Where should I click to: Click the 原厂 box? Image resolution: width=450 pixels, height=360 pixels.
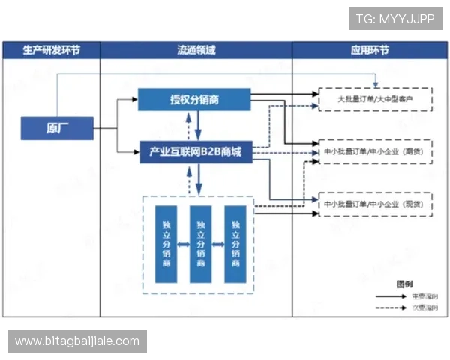(57, 128)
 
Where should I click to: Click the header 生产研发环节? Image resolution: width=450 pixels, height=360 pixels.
(51, 51)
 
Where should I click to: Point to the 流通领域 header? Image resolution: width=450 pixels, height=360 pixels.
(196, 51)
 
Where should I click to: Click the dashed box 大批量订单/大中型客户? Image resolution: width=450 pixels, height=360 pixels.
(376, 100)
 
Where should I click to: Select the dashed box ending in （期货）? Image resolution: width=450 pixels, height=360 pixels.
(376, 151)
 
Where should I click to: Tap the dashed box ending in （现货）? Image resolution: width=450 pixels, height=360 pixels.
(376, 205)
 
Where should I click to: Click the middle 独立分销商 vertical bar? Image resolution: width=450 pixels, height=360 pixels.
(200, 244)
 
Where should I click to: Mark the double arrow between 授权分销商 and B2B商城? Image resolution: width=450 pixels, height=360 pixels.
(199, 125)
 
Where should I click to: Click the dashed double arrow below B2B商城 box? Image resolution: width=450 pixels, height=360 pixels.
(199, 178)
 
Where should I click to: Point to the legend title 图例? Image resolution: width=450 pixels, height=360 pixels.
(404, 283)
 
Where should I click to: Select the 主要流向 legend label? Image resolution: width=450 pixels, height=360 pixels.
(424, 296)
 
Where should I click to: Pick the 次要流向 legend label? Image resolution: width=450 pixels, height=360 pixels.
(424, 307)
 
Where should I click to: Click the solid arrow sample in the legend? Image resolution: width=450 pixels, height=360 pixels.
(391, 296)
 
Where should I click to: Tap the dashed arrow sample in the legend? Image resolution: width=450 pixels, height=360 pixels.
(391, 307)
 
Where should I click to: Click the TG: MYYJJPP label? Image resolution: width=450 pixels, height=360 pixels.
(394, 19)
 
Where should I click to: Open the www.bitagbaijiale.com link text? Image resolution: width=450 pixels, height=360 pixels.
(77, 341)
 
